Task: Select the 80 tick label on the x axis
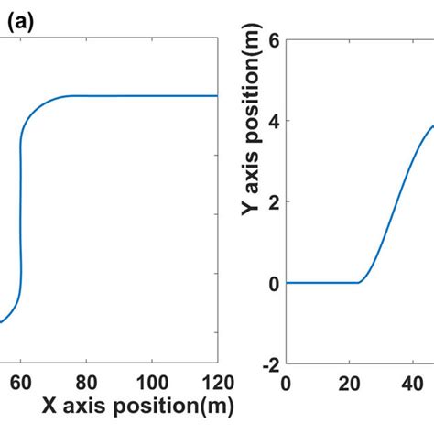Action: tap(87, 381)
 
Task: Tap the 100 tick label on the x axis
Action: tap(152, 381)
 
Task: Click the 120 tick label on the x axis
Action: tap(216, 381)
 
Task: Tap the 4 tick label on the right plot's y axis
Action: tap(272, 120)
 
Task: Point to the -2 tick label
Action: tap(267, 364)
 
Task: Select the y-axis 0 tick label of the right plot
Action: tap(272, 283)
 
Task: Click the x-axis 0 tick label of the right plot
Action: tap(287, 381)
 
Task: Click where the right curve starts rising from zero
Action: tap(358, 281)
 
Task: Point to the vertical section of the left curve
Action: tap(20, 211)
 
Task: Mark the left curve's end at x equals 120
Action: tap(217, 95)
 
